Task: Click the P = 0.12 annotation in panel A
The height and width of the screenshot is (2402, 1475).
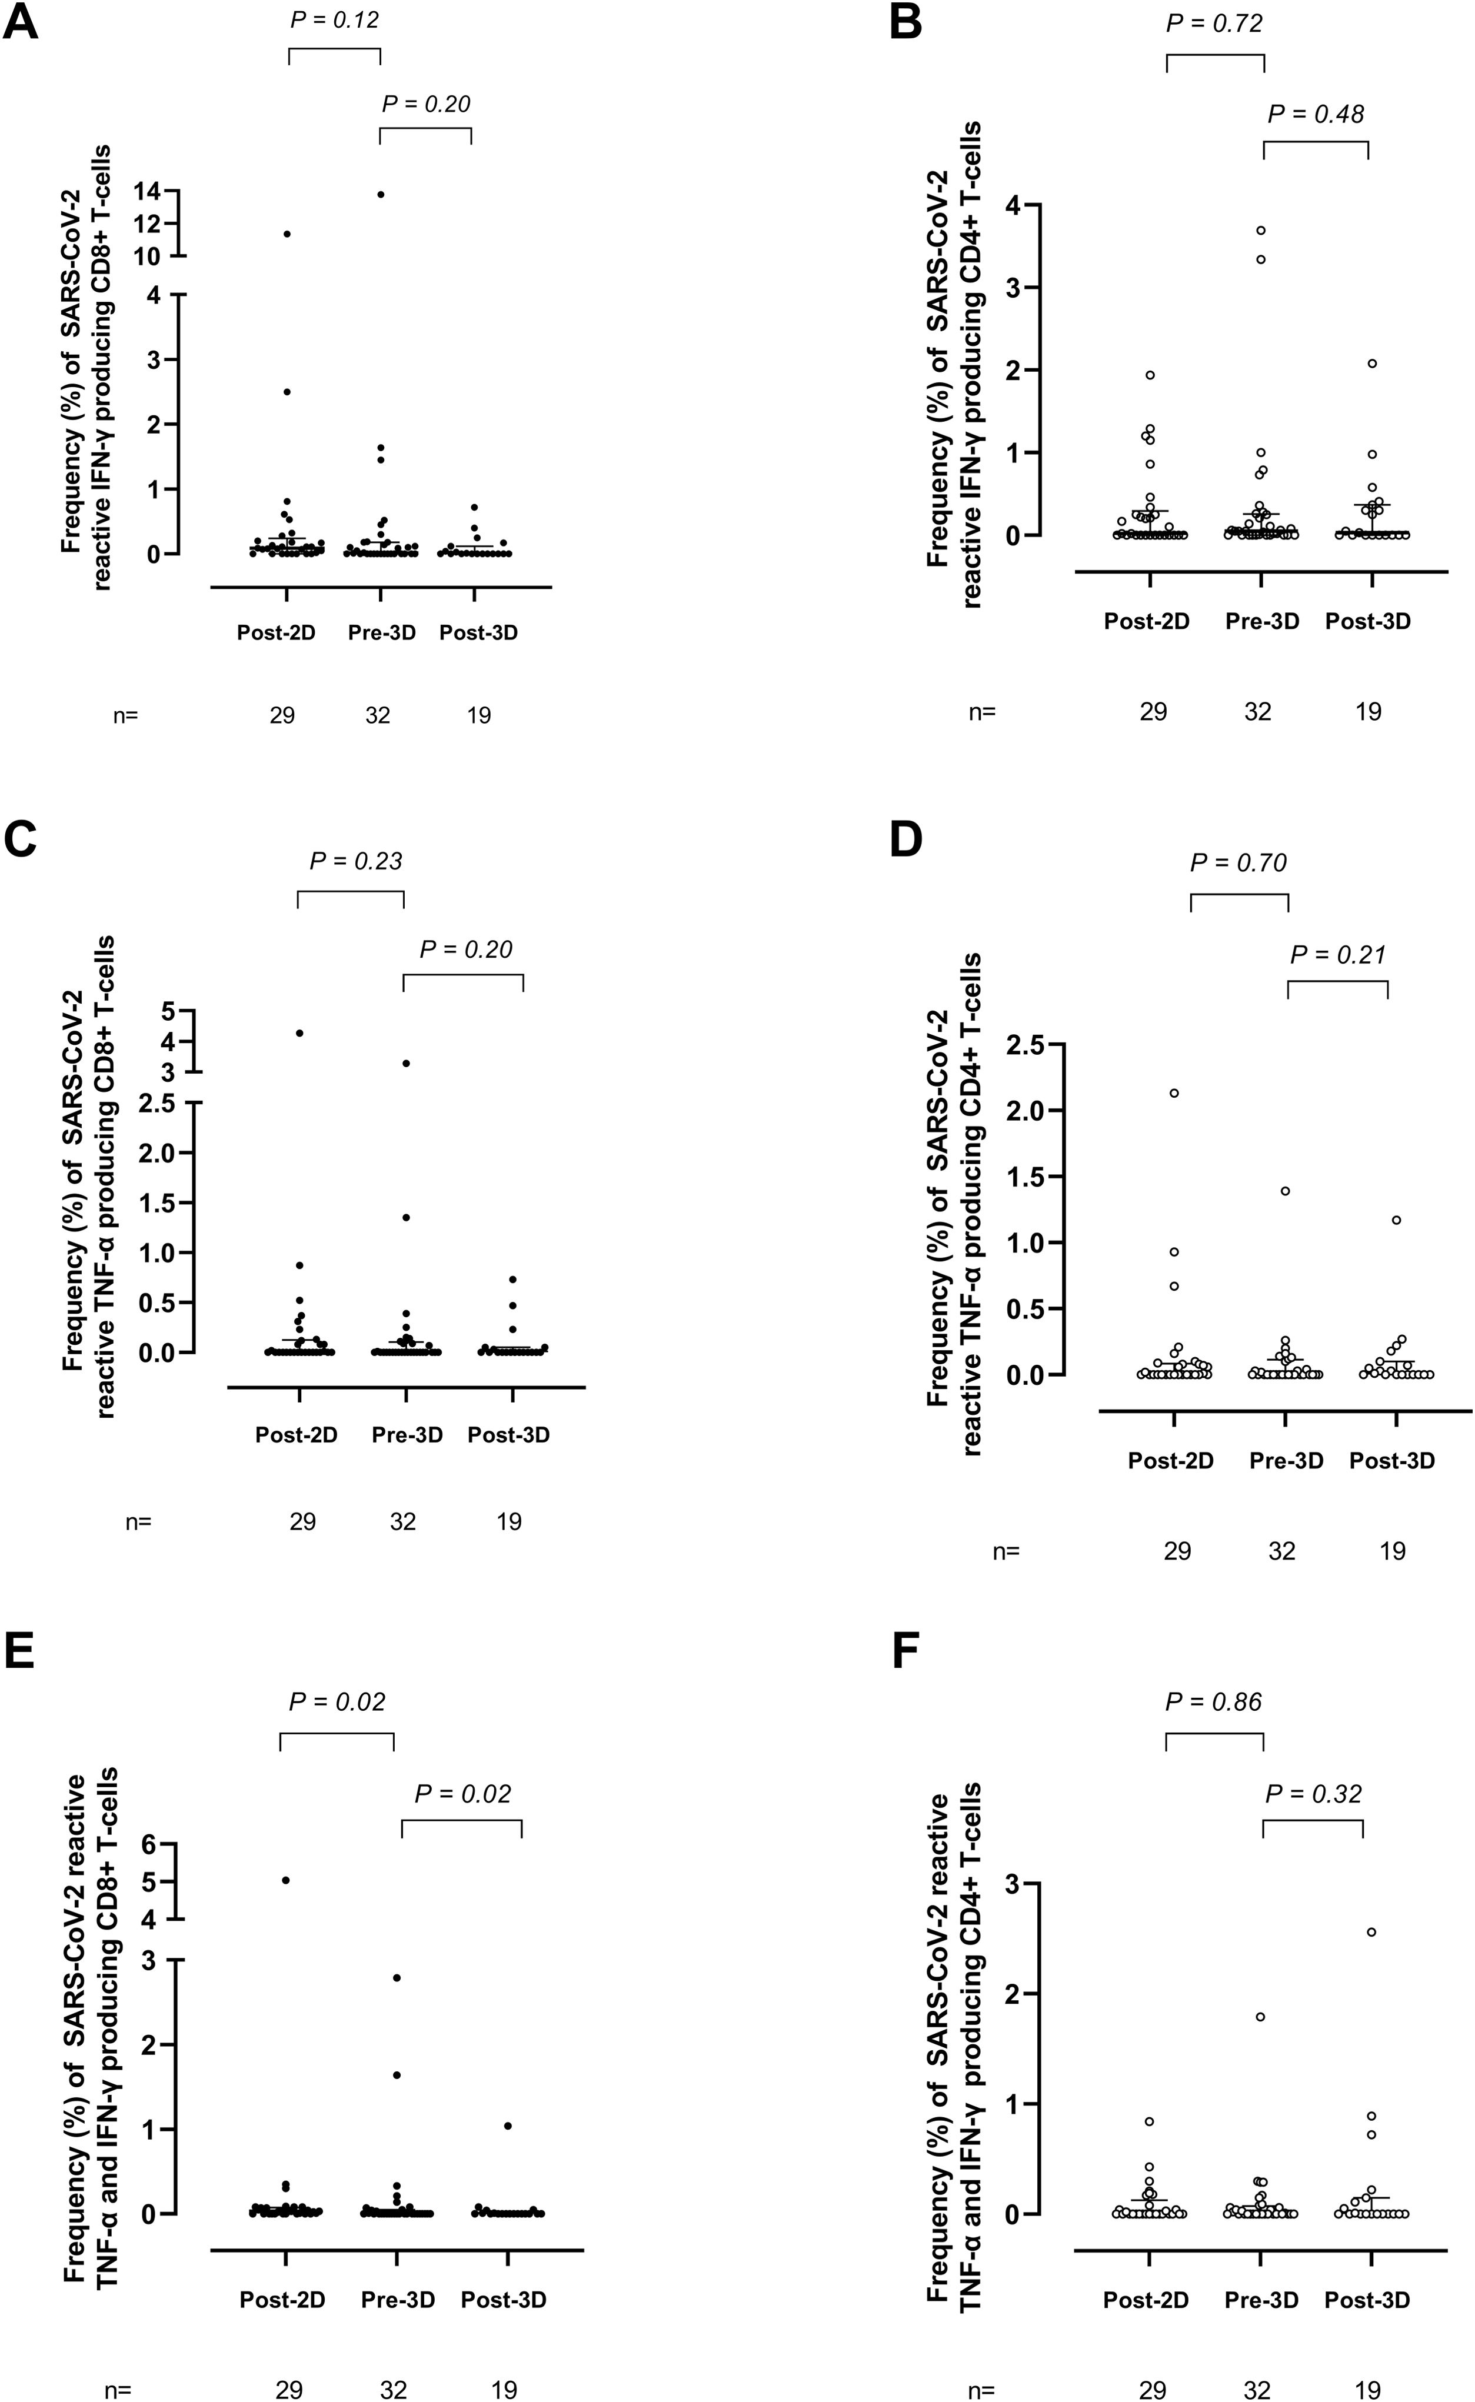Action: [x=335, y=19]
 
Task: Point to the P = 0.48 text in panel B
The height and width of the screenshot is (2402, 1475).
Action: [x=1316, y=114]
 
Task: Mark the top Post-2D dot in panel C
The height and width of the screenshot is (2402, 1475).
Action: [x=299, y=1033]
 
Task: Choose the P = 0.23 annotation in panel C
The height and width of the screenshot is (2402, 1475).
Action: [x=356, y=861]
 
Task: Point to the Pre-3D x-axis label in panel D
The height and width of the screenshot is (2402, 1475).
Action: [x=1286, y=1461]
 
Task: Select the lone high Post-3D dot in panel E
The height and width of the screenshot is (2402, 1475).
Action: [x=507, y=2126]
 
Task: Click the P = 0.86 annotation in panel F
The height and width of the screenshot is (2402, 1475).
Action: [x=1214, y=1702]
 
